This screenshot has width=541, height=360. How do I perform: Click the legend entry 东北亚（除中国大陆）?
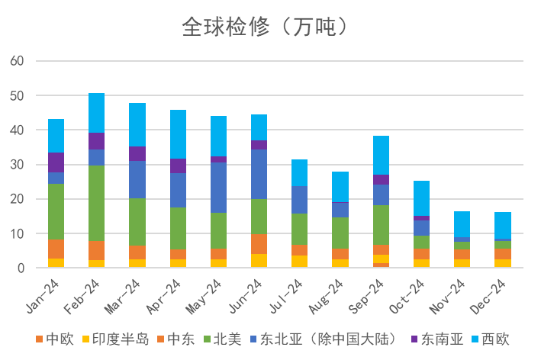(320, 339)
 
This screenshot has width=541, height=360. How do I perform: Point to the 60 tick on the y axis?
(17, 61)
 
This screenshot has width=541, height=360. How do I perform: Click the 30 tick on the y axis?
(17, 165)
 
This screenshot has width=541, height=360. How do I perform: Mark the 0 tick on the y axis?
(21, 268)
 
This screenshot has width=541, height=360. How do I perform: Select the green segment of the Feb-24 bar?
(96, 203)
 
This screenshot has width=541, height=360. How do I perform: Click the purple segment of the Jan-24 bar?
(56, 162)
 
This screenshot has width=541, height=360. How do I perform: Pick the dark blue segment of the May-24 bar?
(218, 188)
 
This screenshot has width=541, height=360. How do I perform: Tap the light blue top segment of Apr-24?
(178, 134)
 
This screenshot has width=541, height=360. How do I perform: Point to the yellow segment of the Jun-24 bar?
(259, 260)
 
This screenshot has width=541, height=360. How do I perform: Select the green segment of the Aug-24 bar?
(340, 233)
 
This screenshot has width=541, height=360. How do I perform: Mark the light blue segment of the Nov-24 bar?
(462, 224)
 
